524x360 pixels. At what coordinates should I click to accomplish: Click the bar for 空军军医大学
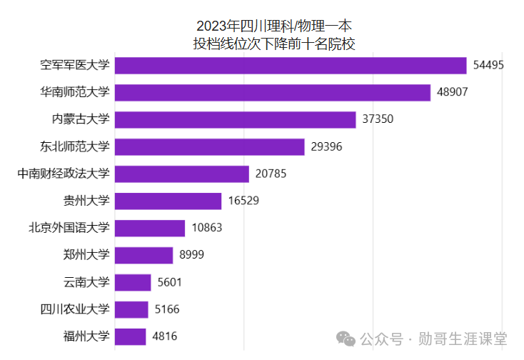(x=291, y=66)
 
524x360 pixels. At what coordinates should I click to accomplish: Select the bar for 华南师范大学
(x=273, y=93)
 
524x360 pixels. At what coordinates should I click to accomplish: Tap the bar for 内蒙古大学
(x=235, y=120)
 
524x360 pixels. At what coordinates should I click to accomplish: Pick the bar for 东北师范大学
(x=210, y=147)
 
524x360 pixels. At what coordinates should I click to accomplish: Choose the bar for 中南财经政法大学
(x=182, y=174)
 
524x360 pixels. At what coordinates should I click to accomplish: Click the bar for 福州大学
(x=130, y=336)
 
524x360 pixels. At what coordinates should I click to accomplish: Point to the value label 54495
(x=489, y=66)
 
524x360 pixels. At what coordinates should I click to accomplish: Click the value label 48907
(x=453, y=93)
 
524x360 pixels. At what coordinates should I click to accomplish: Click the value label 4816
(x=164, y=336)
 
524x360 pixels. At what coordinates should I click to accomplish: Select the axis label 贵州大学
(x=86, y=201)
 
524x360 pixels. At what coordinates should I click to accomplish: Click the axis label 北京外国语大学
(x=69, y=229)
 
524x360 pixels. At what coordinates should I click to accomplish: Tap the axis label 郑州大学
(x=86, y=255)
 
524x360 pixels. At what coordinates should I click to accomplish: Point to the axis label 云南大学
(x=86, y=282)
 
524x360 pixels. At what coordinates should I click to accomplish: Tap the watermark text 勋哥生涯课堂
(x=463, y=338)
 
